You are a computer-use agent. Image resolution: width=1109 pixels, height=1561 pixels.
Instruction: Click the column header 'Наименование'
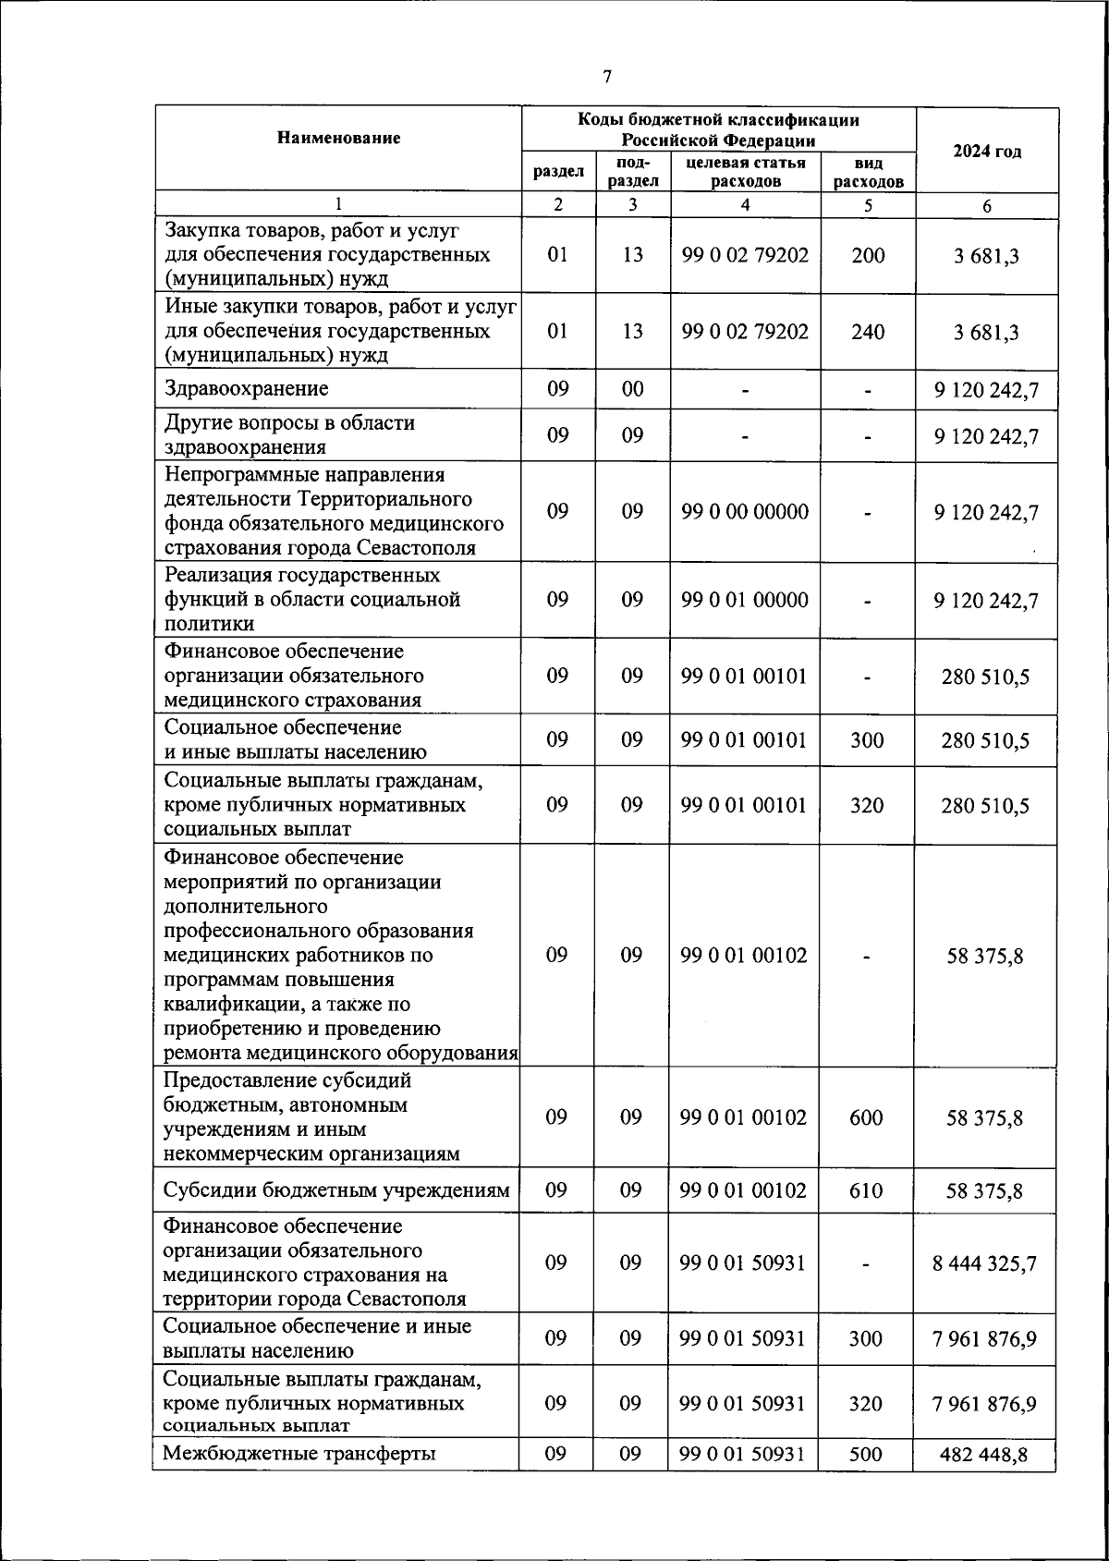coord(338,139)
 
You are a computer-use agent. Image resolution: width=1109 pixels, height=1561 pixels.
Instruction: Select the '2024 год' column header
coord(986,152)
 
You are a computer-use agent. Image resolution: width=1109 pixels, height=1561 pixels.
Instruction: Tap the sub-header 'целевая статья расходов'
coord(745,172)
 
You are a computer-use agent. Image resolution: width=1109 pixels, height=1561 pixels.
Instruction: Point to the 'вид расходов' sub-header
coord(868,173)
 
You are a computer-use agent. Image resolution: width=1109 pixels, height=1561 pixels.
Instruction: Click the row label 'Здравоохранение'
coord(247,389)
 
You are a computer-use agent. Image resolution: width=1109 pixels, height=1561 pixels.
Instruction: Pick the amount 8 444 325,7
coord(984,1263)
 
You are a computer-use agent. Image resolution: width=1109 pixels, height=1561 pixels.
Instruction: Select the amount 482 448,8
coord(984,1455)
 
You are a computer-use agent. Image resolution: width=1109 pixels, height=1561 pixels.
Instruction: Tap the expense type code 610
coord(866,1190)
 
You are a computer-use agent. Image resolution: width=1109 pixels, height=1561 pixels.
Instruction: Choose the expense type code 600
coord(866,1117)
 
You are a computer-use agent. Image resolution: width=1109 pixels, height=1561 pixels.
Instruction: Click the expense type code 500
coord(866,1454)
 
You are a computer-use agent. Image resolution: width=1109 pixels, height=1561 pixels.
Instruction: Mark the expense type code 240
coord(868,332)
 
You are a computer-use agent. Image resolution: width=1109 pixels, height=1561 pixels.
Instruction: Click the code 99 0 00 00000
coord(745,512)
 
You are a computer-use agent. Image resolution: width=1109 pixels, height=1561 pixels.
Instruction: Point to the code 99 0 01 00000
coord(745,600)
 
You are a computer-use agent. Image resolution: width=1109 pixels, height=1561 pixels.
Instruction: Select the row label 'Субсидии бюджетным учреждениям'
coord(336,1190)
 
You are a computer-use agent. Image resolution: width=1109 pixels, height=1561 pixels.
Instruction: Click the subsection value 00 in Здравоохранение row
coord(632,389)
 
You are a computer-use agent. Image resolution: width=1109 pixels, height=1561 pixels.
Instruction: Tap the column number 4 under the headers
coord(745,205)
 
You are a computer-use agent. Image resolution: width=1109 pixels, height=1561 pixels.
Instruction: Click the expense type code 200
coord(868,255)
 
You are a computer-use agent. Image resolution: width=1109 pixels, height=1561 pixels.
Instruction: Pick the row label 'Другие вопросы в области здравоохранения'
coord(289,435)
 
